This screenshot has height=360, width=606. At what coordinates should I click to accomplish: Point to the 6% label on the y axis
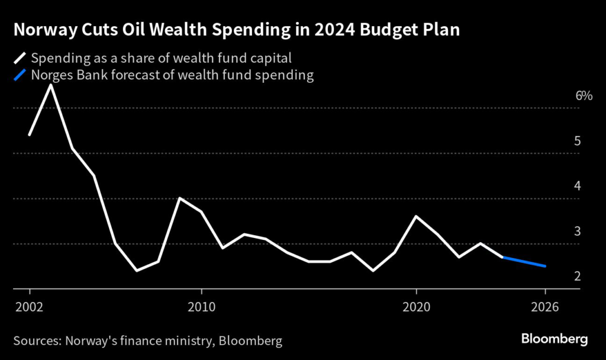[584, 96]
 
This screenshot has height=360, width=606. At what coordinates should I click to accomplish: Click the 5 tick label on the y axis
[576, 142]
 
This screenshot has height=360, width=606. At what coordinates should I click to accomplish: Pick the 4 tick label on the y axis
[576, 187]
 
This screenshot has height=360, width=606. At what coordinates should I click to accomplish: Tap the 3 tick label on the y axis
[576, 232]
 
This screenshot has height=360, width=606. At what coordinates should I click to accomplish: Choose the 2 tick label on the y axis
[576, 277]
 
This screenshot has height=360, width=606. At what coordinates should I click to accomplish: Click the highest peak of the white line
[51, 85]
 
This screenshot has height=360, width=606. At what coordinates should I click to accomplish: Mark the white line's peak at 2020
[416, 216]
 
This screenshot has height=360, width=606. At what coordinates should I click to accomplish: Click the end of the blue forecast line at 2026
[545, 266]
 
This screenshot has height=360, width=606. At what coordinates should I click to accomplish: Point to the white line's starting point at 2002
[29, 135]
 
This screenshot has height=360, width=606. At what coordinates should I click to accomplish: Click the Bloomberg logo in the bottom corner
[554, 339]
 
